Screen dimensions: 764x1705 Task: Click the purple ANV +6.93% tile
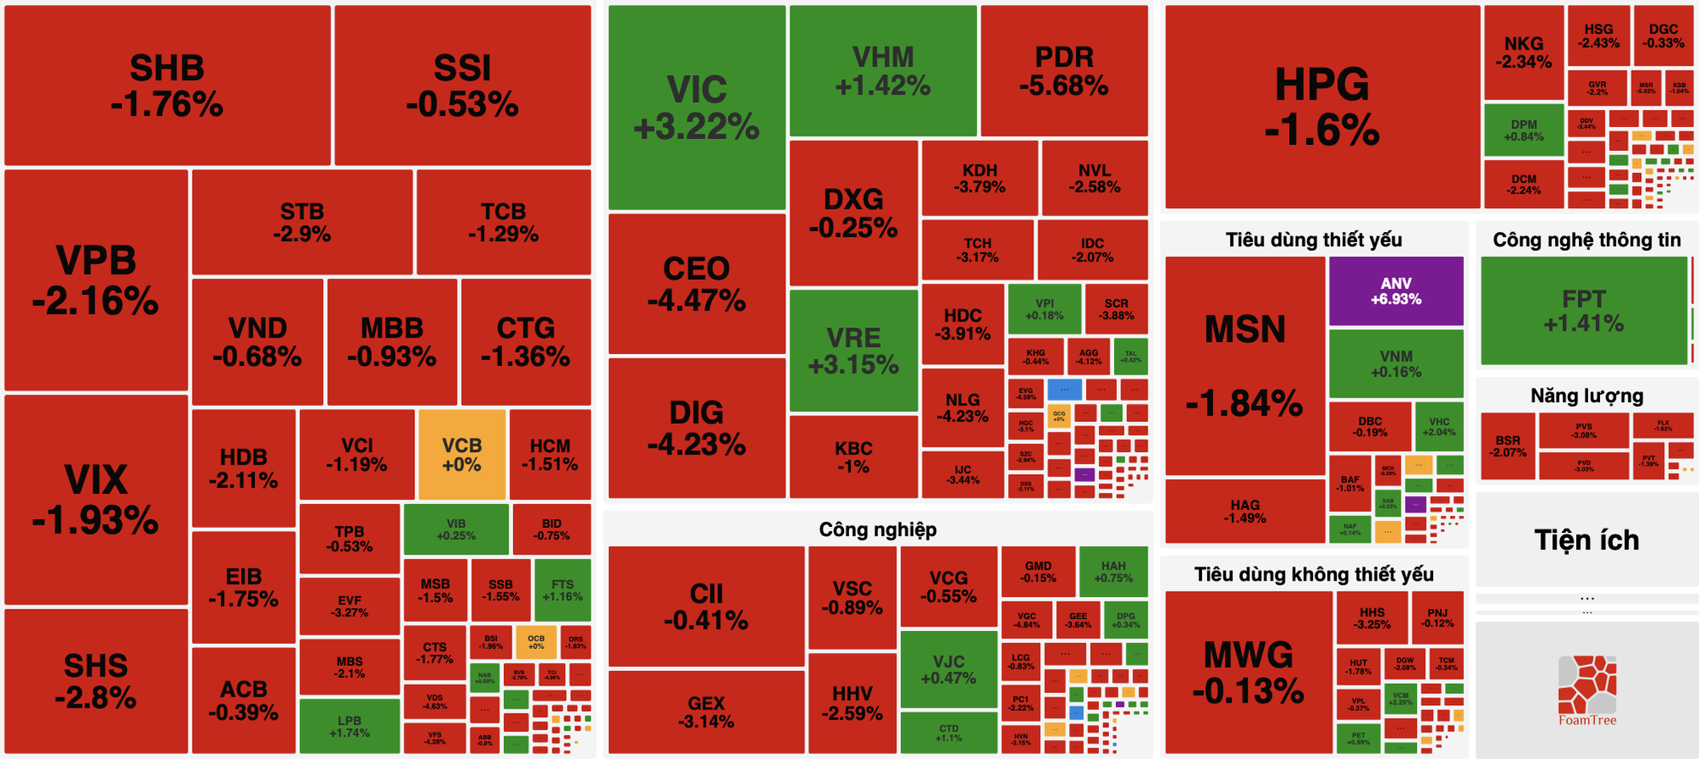(1396, 291)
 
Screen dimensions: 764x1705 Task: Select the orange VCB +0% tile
(461, 454)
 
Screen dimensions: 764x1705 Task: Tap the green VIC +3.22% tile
(696, 107)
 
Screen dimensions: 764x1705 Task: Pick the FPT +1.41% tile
(1583, 311)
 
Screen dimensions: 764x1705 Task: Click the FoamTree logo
(1587, 689)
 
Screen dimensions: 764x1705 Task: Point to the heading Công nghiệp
(877, 530)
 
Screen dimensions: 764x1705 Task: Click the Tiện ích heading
(1587, 540)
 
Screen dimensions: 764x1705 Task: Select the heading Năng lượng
(1587, 396)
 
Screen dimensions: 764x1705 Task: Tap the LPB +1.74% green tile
(349, 726)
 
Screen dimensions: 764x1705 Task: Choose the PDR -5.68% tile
(1064, 71)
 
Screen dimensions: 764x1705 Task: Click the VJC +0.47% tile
(948, 669)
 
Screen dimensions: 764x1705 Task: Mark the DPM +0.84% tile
(1523, 130)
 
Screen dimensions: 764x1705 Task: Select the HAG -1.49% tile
(1245, 511)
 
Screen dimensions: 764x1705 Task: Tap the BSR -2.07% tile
(1507, 446)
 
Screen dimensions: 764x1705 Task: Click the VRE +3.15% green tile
(853, 350)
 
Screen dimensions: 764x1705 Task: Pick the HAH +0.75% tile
(1113, 571)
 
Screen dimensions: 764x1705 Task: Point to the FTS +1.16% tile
(562, 590)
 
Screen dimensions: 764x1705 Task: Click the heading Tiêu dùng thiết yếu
(1314, 240)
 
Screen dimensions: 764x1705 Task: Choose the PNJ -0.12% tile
(1437, 617)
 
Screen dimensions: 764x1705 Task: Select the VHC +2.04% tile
(1439, 426)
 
